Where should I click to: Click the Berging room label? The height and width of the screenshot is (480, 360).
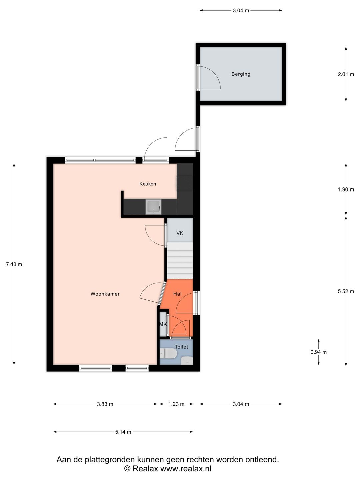point(241,74)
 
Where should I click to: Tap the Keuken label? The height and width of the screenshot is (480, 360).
point(148,184)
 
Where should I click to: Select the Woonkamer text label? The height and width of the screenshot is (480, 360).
point(105,294)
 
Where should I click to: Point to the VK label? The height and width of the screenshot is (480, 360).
point(180,233)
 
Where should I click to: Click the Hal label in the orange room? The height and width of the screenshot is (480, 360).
point(177,294)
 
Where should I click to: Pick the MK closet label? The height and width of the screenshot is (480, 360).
point(163,324)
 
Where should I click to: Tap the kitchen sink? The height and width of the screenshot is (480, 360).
point(154,207)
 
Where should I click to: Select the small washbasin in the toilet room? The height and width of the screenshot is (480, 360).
point(187,360)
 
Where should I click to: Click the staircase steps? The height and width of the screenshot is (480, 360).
point(180,260)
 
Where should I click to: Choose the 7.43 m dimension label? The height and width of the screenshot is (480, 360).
point(14,264)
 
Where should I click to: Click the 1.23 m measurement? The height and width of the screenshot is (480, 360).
point(176,404)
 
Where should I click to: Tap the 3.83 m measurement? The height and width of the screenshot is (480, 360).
point(105,404)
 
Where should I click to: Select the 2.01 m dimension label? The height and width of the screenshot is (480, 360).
point(346,74)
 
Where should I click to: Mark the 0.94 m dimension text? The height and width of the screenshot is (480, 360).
point(318,352)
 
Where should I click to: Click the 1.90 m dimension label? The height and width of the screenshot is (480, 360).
point(346,190)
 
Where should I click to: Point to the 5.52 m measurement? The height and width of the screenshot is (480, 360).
point(346,291)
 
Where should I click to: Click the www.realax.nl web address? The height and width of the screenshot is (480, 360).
point(186,468)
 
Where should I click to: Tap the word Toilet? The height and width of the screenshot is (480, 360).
point(181,347)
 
